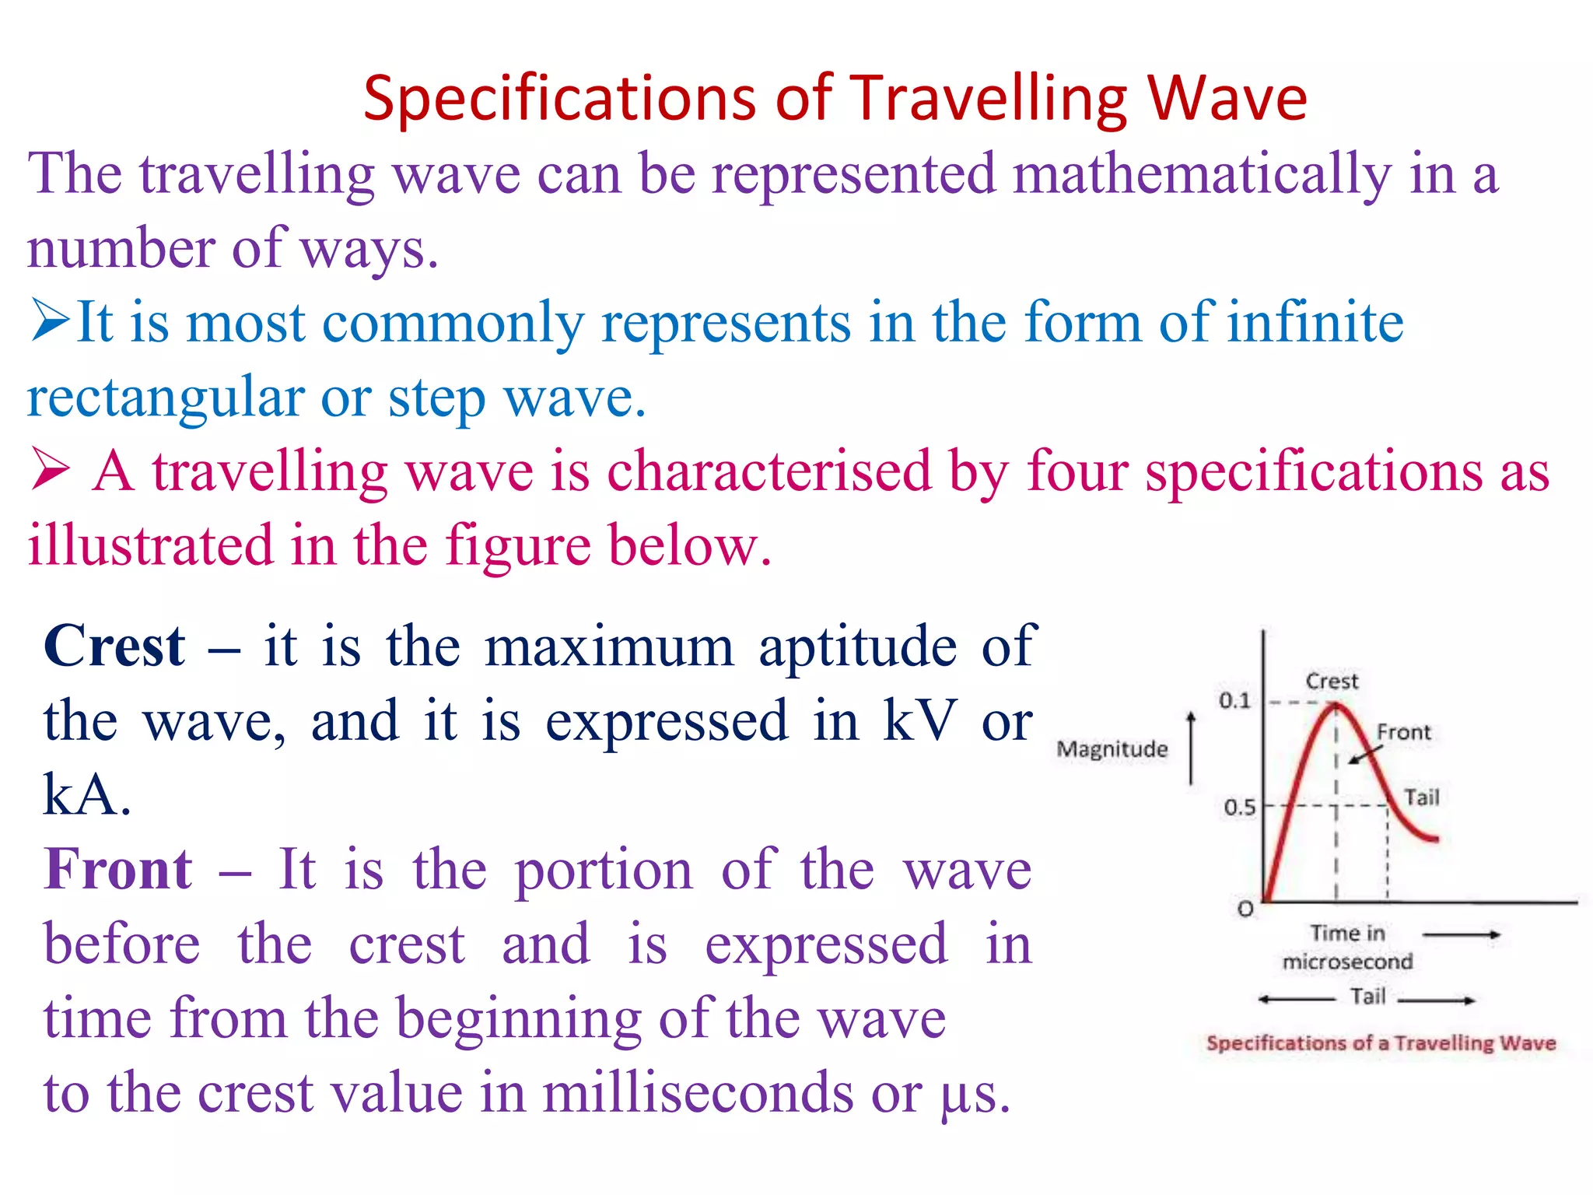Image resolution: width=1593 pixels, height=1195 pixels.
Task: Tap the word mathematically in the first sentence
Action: pos(1202,174)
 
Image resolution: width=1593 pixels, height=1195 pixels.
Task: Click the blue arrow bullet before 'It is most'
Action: pos(51,321)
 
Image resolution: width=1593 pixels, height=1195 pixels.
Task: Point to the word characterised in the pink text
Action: pos(768,471)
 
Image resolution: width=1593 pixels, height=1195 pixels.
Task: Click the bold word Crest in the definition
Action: pos(114,647)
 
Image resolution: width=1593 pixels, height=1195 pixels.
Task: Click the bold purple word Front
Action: pos(118,869)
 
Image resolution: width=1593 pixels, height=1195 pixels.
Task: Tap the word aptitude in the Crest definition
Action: pos(857,647)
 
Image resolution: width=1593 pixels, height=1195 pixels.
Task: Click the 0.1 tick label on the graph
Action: pos(1234,701)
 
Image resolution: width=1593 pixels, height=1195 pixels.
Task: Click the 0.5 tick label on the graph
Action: pos(1239,807)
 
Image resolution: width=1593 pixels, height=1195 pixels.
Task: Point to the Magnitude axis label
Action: pos(1112,749)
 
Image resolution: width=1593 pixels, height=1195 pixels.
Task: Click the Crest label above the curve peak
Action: pos(1332,682)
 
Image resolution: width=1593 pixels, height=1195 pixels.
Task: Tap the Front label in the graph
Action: pos(1403,732)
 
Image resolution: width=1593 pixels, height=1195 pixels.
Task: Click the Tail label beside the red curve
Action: pos(1421,797)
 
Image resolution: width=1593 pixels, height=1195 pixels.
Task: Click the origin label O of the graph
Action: pos(1245,909)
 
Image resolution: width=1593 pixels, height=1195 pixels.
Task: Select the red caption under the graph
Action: pos(1381,1043)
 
